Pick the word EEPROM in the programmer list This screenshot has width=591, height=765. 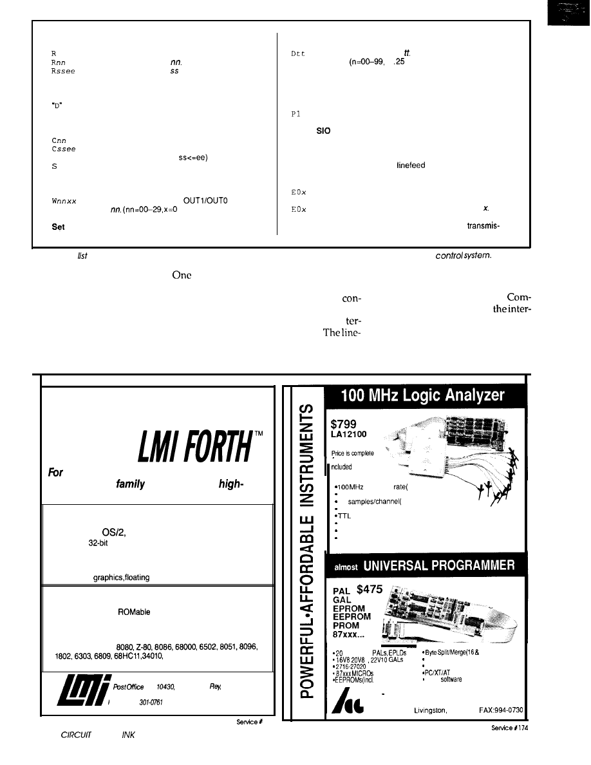click(x=352, y=617)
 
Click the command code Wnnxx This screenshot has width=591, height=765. click(x=63, y=201)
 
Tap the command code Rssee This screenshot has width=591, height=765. click(x=63, y=72)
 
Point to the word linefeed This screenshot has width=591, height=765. click(x=411, y=165)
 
